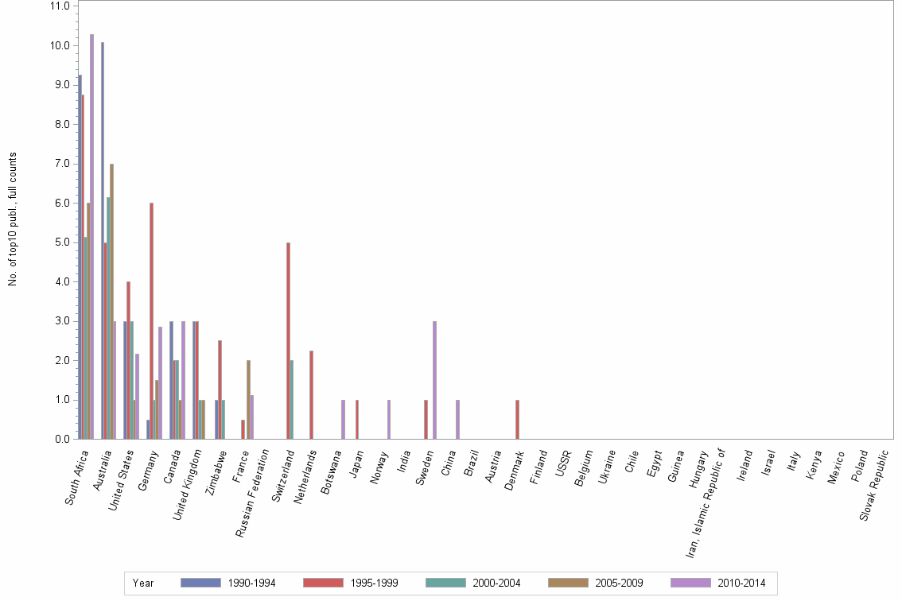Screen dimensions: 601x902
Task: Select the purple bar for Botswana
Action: pos(343,419)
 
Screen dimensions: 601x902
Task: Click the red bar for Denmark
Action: pos(517,419)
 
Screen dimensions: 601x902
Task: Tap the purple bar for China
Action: pos(457,419)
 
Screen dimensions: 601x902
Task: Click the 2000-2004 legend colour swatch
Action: pos(445,584)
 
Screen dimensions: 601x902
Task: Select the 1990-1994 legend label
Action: pos(251,584)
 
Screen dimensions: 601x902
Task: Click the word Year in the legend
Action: pos(143,584)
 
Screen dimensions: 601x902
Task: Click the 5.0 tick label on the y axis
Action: pos(60,242)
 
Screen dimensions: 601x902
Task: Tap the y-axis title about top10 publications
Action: pos(13,219)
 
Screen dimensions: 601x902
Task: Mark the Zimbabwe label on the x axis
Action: pos(217,473)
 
